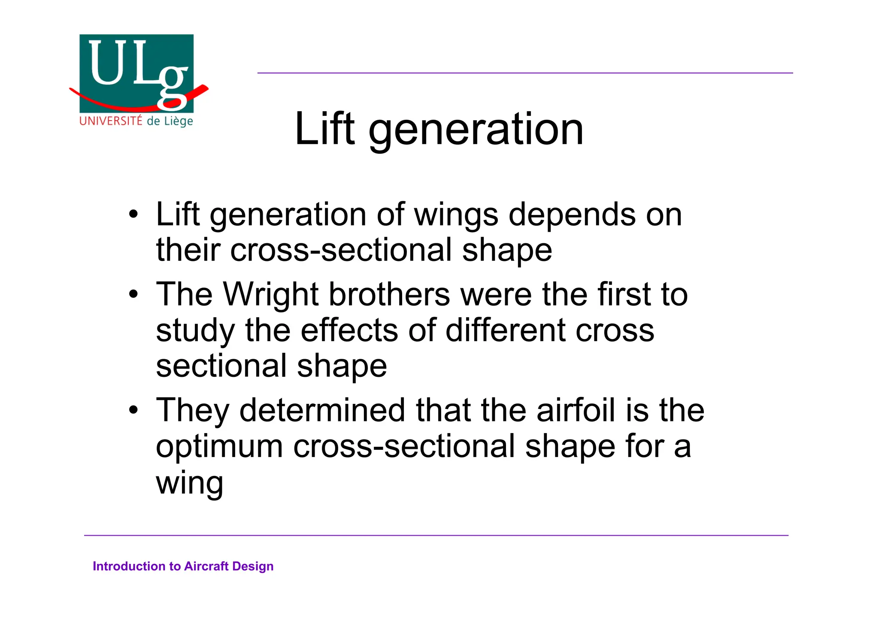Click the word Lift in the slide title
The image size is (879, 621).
tap(324, 128)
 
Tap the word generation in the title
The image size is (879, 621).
tap(476, 131)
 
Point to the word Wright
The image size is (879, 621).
tap(270, 295)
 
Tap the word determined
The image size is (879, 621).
tap(322, 410)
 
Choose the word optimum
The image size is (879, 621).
tap(219, 447)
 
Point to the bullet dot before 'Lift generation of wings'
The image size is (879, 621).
tap(134, 214)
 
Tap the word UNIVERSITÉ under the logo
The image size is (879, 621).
tap(111, 121)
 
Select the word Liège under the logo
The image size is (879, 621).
tap(178, 121)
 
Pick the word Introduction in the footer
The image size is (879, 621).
tap(129, 566)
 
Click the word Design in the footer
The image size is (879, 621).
tap(253, 567)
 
